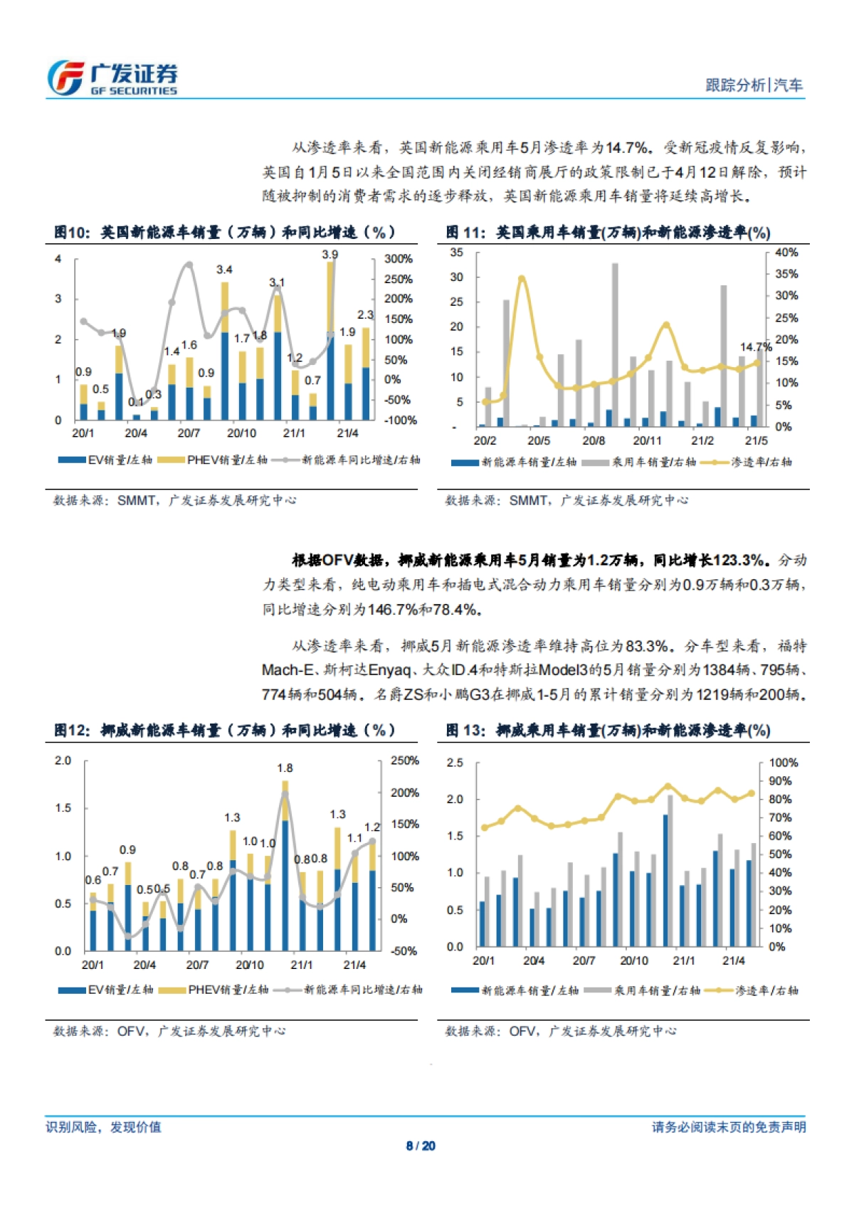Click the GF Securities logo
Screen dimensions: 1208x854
pos(112,78)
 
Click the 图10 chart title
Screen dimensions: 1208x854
pos(225,233)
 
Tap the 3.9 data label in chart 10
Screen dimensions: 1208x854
pos(330,255)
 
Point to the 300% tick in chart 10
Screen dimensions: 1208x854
pos(399,259)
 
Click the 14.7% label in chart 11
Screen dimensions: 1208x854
pos(755,347)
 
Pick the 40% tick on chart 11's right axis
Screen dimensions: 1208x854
pos(786,253)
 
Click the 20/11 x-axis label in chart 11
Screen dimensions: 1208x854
pos(647,441)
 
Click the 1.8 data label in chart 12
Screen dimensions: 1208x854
pos(285,768)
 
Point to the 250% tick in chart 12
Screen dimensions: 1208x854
pos(404,761)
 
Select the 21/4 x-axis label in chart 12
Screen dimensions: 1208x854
pos(354,965)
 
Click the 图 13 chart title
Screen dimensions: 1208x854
pos(608,731)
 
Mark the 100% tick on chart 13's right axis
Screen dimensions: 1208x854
pos(784,763)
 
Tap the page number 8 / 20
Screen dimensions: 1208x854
pos(421,1146)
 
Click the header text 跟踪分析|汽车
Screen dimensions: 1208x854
pos(754,85)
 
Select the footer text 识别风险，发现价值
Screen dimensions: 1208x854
pos(104,1127)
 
